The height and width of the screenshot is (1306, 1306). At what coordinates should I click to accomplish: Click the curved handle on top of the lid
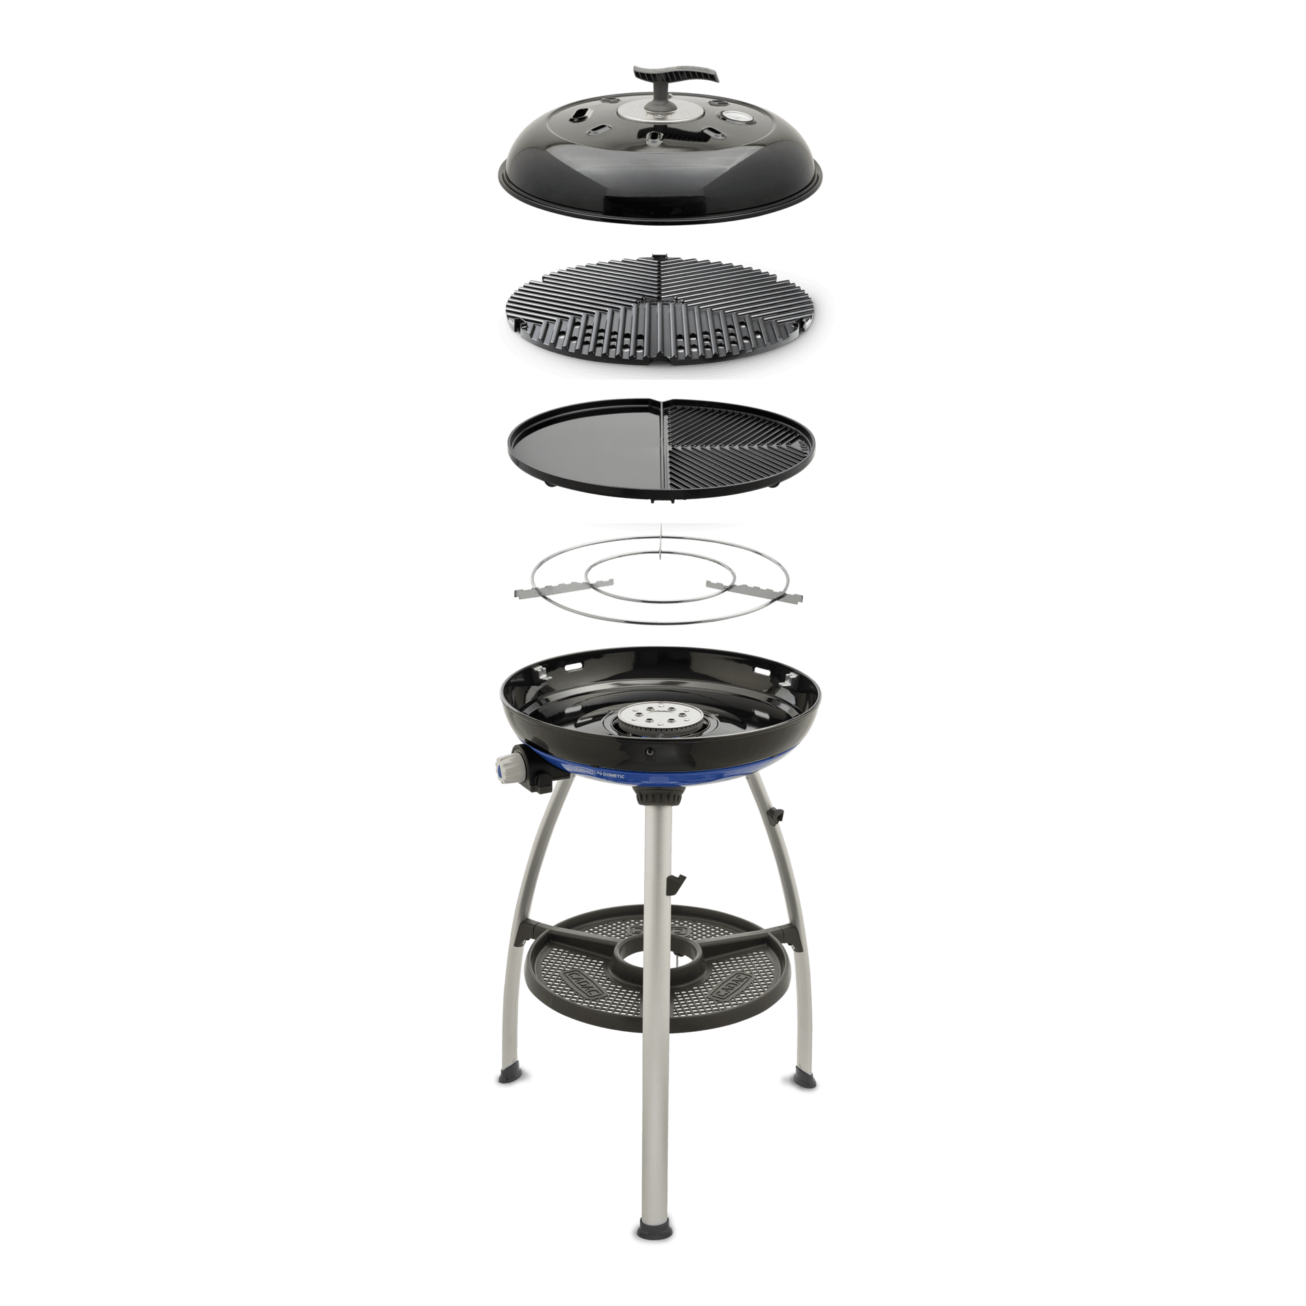[x=675, y=73]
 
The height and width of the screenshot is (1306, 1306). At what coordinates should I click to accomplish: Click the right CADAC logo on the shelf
[x=730, y=983]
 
